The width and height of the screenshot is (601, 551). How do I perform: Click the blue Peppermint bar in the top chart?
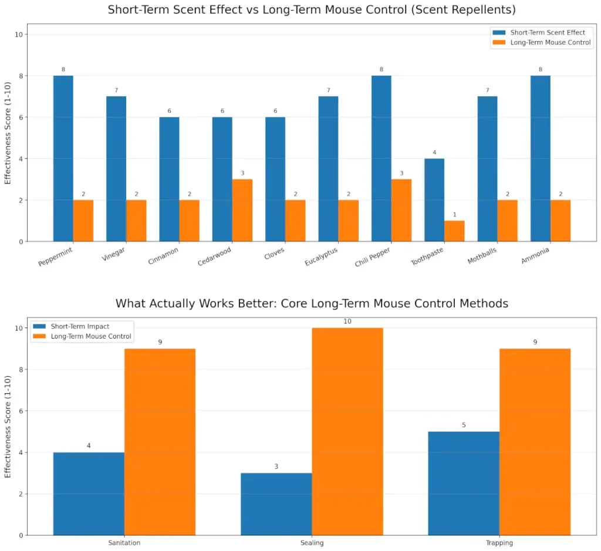(63, 158)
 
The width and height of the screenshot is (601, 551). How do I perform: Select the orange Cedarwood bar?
(242, 210)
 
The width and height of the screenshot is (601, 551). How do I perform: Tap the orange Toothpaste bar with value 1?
(454, 231)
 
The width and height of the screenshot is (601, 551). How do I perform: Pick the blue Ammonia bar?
(541, 158)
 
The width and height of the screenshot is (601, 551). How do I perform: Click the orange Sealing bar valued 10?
(347, 431)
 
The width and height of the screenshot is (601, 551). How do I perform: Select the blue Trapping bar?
(464, 483)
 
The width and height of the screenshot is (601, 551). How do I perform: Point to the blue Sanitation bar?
(89, 493)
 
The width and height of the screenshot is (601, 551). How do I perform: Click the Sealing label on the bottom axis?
(312, 543)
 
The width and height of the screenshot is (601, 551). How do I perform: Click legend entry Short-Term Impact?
(79, 326)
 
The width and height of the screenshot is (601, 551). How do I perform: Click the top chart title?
(312, 10)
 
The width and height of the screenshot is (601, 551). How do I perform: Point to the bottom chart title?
(312, 303)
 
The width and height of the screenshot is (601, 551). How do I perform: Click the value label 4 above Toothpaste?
(434, 153)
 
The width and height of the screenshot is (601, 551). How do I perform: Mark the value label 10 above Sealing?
(347, 321)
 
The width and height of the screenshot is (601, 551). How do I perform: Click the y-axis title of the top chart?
(8, 133)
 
